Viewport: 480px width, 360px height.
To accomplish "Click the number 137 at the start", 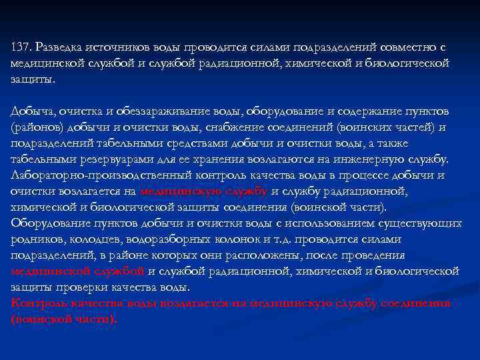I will click(x=21, y=47).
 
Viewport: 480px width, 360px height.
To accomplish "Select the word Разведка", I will click(x=59, y=47).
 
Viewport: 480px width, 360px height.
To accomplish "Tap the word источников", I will click(x=117, y=47).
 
